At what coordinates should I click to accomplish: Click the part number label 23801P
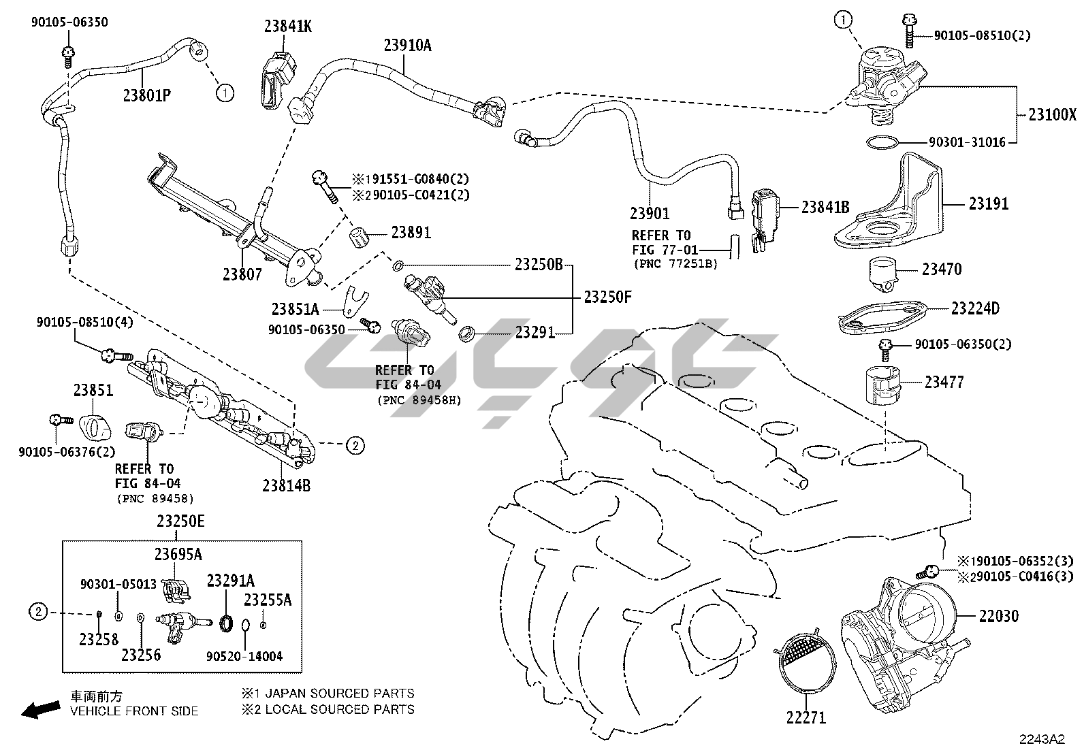pyautogui.click(x=146, y=95)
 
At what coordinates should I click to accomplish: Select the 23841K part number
pyautogui.click(x=288, y=27)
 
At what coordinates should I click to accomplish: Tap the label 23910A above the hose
pyautogui.click(x=407, y=46)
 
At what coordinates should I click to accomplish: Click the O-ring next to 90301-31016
pyautogui.click(x=882, y=142)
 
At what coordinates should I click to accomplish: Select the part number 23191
pyautogui.click(x=989, y=204)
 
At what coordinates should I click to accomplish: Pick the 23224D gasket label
pyautogui.click(x=975, y=308)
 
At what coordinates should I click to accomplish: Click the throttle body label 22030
pyautogui.click(x=998, y=616)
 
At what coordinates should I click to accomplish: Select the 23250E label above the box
pyautogui.click(x=180, y=521)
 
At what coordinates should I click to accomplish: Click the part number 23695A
pyautogui.click(x=178, y=554)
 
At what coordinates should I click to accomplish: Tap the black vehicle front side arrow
pyautogui.click(x=39, y=711)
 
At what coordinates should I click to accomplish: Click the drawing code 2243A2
pyautogui.click(x=1042, y=738)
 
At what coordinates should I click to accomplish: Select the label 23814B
pyautogui.click(x=286, y=486)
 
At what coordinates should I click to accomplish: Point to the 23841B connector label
pyautogui.click(x=825, y=208)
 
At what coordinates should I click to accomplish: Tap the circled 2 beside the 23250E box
pyautogui.click(x=39, y=613)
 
